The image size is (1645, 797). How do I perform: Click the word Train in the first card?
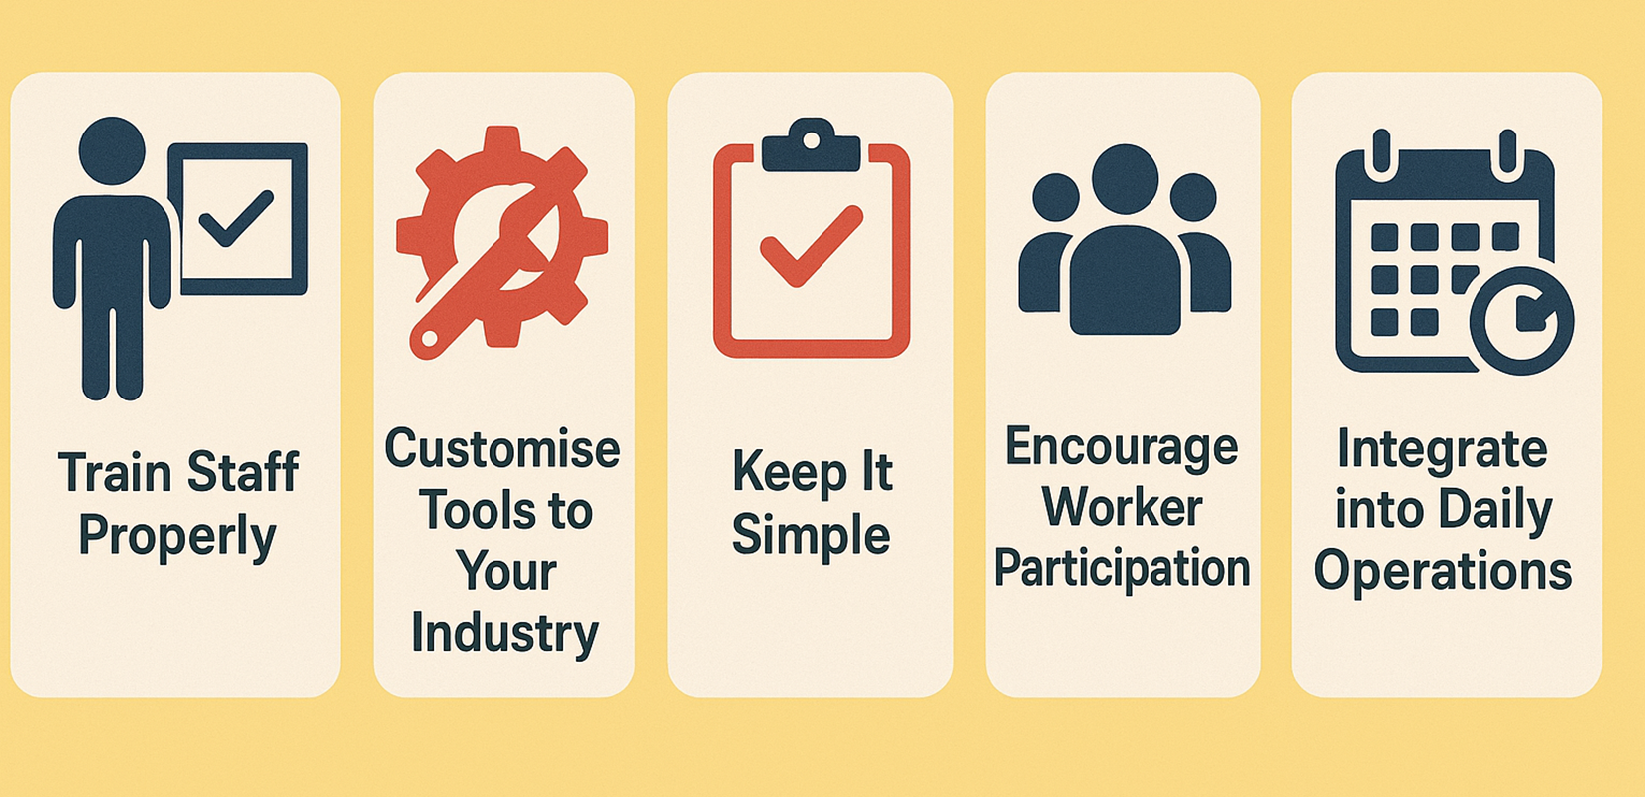click(116, 472)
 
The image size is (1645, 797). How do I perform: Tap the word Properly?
click(176, 537)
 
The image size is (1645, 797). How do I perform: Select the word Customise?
click(502, 449)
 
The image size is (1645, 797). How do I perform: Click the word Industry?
click(504, 634)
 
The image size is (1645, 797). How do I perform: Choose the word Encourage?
click(1122, 447)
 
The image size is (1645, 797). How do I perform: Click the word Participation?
click(1122, 569)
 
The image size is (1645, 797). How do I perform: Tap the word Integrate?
click(1443, 449)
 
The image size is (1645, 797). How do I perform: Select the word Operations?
click(1443, 571)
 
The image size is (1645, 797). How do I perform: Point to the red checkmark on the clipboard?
click(811, 246)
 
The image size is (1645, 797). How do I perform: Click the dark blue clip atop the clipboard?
click(811, 147)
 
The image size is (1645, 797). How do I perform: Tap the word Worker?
click(1122, 508)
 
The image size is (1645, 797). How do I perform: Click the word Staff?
click(242, 472)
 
